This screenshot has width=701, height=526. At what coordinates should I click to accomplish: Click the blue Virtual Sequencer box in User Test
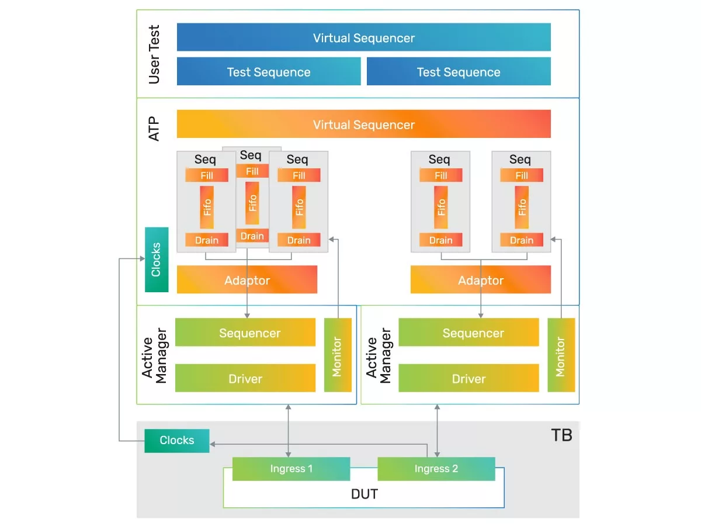tap(363, 37)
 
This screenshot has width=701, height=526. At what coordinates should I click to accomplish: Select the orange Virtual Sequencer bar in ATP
tap(363, 124)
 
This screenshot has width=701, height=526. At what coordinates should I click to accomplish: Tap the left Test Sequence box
tap(269, 72)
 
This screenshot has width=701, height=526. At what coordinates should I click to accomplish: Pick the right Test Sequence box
tap(459, 72)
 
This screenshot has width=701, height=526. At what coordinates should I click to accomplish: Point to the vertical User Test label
tap(154, 54)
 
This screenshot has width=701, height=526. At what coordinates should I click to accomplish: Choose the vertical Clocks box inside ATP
tap(157, 259)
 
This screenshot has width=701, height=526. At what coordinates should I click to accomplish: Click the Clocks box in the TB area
tap(176, 440)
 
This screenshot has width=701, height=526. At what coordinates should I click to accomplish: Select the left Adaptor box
tap(247, 280)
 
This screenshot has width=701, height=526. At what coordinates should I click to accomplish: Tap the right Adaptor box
tap(480, 280)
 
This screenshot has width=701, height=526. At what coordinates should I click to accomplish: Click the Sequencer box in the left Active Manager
tap(245, 333)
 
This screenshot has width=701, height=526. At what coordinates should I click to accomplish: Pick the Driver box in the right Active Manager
tap(469, 378)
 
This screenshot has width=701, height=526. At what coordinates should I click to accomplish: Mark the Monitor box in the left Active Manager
tap(338, 355)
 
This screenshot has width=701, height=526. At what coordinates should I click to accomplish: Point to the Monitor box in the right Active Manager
tap(561, 355)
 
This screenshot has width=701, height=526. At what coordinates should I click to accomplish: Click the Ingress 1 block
tap(291, 469)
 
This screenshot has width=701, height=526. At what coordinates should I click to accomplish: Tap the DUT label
tap(364, 494)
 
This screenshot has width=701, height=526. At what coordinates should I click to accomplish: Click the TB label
tap(561, 435)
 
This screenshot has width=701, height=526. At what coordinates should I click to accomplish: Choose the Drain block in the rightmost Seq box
tap(521, 240)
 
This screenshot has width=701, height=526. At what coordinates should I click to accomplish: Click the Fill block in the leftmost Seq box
tap(207, 175)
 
